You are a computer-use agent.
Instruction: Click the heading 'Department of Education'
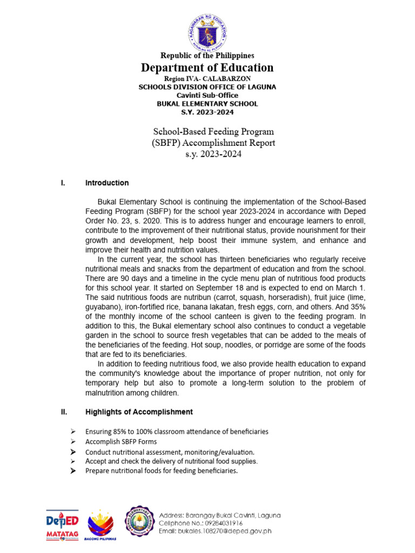tap(207, 68)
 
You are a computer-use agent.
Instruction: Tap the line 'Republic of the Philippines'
tap(207, 56)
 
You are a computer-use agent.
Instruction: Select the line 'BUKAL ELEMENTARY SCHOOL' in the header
tap(207, 104)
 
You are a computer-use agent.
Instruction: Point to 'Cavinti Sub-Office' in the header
tap(207, 95)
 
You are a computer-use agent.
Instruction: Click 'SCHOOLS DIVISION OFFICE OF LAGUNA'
tap(207, 87)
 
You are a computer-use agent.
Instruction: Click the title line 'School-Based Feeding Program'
tap(213, 131)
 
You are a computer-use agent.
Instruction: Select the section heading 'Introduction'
tap(107, 183)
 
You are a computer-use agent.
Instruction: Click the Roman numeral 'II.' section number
tap(64, 412)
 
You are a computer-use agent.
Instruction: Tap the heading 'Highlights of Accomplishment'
tap(139, 412)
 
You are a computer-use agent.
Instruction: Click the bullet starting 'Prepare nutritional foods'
tap(162, 471)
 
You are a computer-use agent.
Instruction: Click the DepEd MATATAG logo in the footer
tap(61, 524)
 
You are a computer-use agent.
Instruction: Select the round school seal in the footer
tap(140, 521)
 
